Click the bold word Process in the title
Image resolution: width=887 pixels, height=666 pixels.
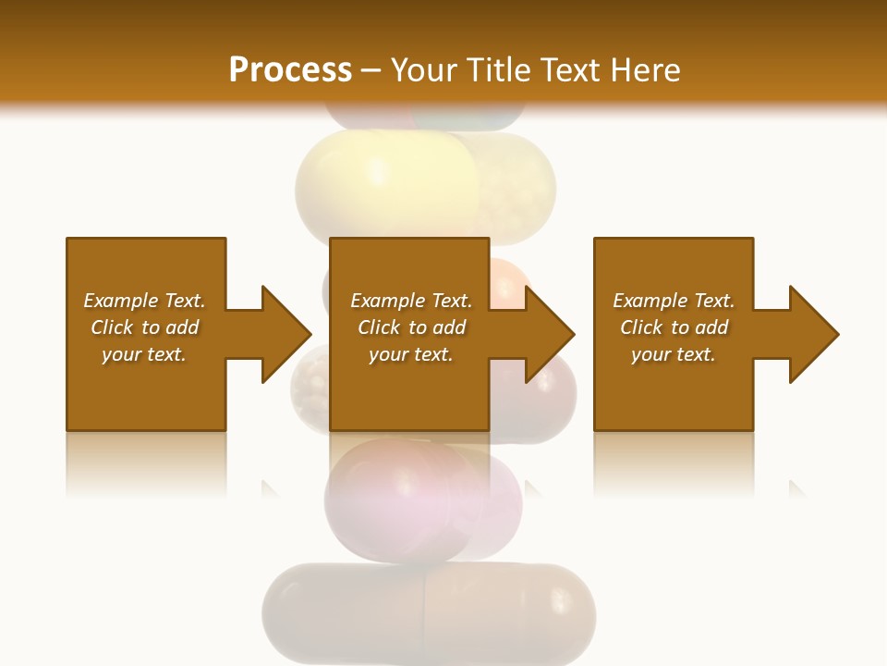[x=290, y=69]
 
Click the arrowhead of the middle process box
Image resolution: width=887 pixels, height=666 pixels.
[x=549, y=334]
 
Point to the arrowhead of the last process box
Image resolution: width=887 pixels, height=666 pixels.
[x=813, y=334]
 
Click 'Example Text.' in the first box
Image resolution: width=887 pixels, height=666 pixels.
[x=144, y=301]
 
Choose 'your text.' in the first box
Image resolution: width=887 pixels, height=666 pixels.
[x=144, y=354]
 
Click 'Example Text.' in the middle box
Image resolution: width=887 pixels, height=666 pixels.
[x=411, y=301]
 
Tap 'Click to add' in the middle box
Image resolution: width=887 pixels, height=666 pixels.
[x=411, y=327]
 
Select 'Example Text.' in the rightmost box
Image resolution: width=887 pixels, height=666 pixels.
[x=674, y=301]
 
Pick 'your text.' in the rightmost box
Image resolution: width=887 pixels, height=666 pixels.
[x=674, y=354]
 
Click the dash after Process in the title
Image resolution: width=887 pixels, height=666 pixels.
[x=371, y=70]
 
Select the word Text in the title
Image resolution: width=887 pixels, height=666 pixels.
[x=573, y=69]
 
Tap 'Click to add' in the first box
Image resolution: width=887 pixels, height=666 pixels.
[x=144, y=327]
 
